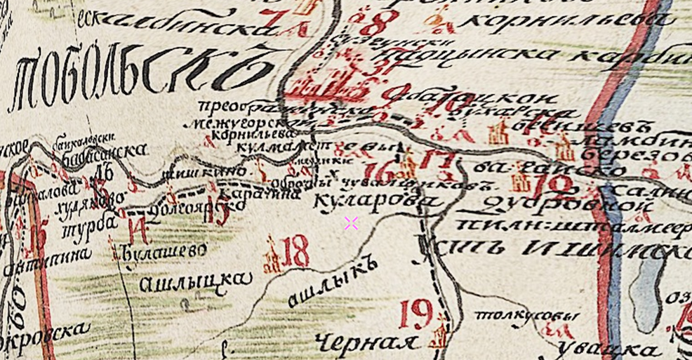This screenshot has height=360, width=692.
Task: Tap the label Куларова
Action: click(378, 202)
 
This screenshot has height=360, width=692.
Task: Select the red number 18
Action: click(295, 251)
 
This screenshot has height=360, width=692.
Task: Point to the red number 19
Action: click(415, 313)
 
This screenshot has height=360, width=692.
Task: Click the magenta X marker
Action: click(351, 223)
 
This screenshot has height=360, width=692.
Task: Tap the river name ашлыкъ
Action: click(333, 281)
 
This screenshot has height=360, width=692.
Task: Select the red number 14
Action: click(138, 229)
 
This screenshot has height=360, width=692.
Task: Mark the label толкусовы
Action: click(527, 316)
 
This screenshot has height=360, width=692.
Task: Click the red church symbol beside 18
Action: click(272, 257)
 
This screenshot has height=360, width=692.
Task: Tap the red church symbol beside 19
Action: click(439, 333)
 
